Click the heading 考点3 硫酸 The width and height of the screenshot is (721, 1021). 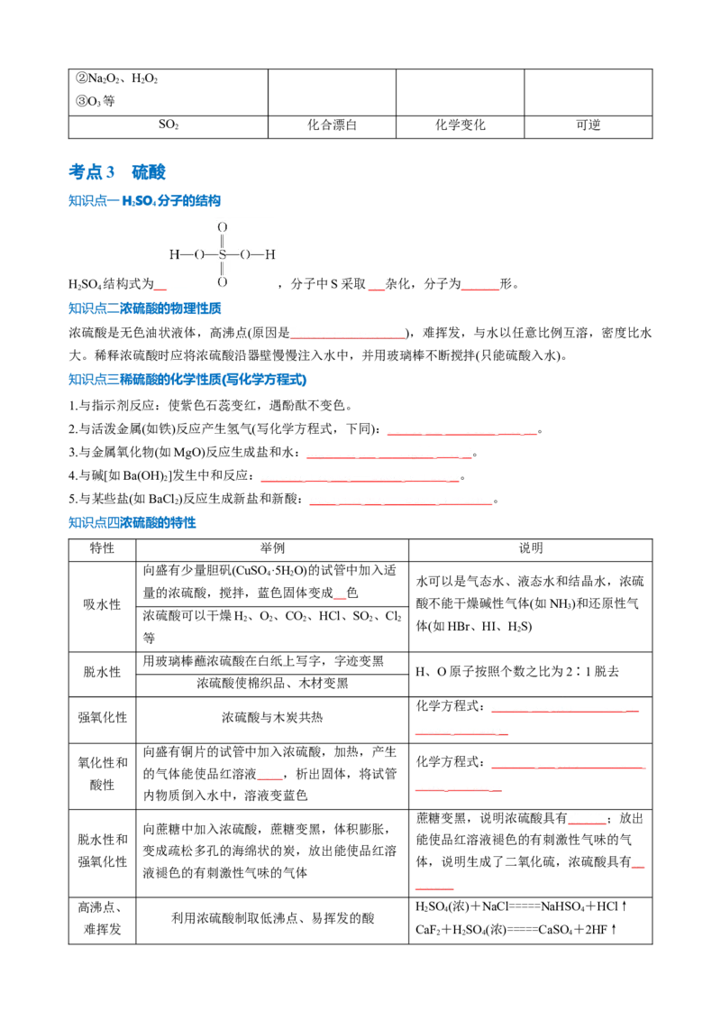click(117, 172)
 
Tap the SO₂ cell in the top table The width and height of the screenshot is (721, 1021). click(168, 124)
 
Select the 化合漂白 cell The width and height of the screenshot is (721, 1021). click(332, 124)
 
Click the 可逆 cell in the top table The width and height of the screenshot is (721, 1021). click(589, 124)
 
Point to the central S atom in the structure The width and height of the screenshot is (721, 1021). click(222, 254)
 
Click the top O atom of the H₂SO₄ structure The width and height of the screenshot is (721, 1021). click(222, 227)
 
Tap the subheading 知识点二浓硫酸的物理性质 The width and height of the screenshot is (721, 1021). click(144, 308)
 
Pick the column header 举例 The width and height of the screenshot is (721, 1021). click(272, 548)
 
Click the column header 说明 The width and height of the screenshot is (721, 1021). click(530, 548)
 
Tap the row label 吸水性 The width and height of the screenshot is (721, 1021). click(102, 604)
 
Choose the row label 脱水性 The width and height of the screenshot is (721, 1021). click(102, 672)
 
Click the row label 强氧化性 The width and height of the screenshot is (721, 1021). click(102, 718)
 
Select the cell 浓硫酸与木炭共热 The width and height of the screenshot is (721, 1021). click(272, 718)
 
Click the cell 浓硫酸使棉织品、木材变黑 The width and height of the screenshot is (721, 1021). click(272, 683)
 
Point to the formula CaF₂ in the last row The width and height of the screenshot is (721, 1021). click(427, 930)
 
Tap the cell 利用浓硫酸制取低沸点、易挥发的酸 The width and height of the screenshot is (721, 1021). click(273, 918)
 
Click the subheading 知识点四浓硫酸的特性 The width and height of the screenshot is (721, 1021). click(132, 523)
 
